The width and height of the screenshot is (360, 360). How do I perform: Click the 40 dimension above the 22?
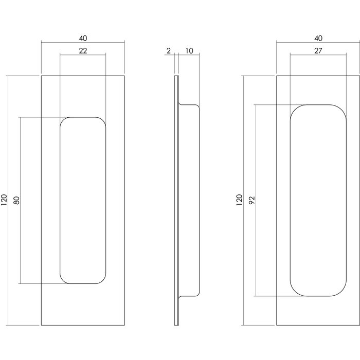(83, 38)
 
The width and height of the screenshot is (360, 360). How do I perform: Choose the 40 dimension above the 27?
(318, 38)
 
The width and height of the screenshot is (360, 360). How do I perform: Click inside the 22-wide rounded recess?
(83, 201)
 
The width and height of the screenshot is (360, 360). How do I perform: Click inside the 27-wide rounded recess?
(316, 201)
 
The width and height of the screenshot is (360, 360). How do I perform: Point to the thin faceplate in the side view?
(177, 201)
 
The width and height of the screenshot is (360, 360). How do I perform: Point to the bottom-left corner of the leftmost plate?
(41, 325)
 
